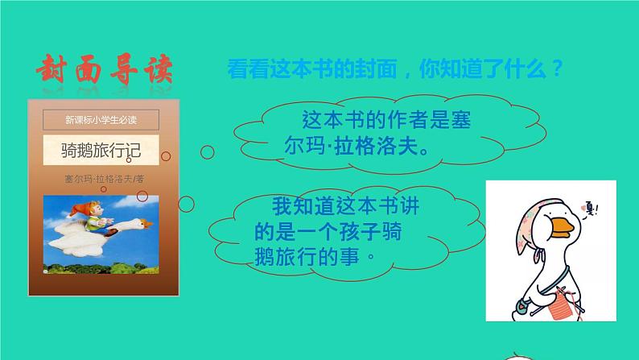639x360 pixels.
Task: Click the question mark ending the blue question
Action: point(553,70)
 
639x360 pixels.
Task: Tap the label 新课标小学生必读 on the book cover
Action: point(101,121)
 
